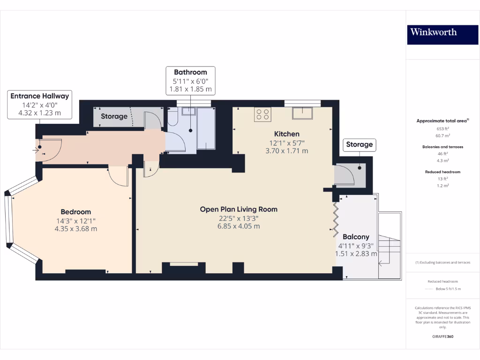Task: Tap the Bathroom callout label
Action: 190,80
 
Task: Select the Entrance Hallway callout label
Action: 40,105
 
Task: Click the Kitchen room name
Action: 287,134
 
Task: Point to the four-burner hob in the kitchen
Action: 262,114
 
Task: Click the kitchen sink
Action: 302,113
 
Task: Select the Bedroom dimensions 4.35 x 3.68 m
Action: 76,229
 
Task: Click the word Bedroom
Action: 76,212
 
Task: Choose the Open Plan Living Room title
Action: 239,209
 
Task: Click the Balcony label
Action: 356,237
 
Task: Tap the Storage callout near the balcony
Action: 359,144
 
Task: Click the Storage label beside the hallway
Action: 114,116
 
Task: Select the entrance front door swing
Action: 49,150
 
